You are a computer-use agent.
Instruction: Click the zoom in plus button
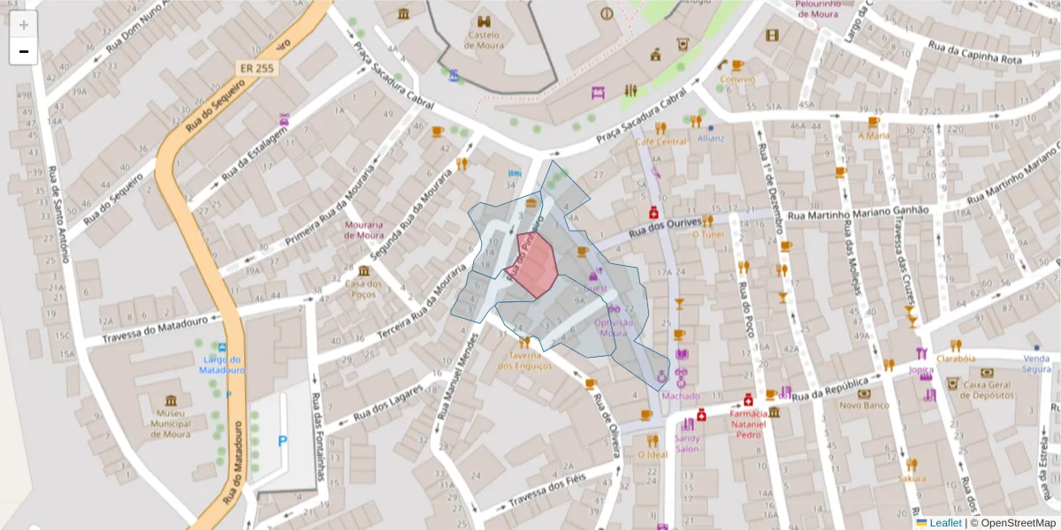pos(24,25)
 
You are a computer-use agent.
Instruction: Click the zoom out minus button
pos(24,51)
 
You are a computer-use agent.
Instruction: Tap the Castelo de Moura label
pos(484,40)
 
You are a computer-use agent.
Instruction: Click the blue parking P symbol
pos(283,441)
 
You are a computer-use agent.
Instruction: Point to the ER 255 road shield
pos(255,67)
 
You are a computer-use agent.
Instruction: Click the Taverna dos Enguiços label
pos(524,360)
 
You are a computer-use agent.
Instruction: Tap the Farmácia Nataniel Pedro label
pos(747,424)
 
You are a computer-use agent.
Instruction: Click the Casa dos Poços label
pos(363,289)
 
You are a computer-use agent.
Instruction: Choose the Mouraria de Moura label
pos(364,230)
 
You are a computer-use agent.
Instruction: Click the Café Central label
pos(660,141)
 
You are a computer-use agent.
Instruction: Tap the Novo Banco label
pos(864,405)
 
